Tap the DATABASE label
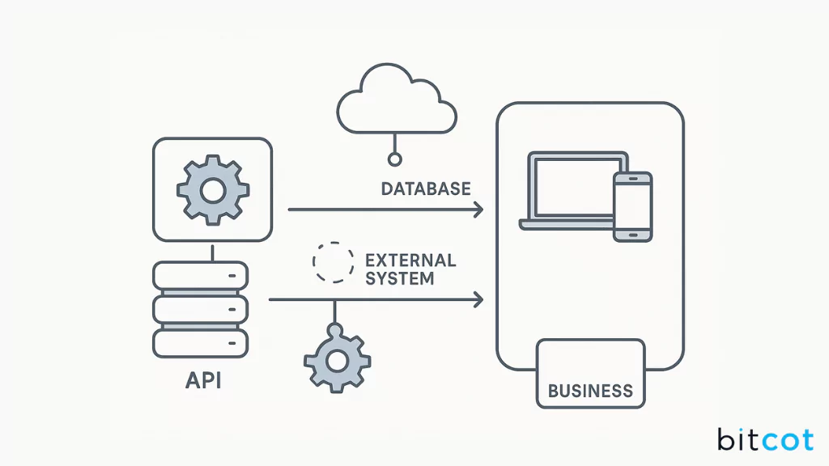[426, 189]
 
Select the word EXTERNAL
[410, 261]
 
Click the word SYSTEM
[400, 278]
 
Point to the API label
[202, 380]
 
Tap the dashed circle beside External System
[333, 262]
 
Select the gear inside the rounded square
[212, 191]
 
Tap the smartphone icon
[632, 206]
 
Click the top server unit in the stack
[200, 276]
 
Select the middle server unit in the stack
[200, 308]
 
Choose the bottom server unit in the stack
[200, 341]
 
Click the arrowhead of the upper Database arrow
[478, 210]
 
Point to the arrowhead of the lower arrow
[478, 300]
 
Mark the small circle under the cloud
[394, 159]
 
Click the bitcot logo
[764, 439]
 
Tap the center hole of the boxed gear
[212, 191]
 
